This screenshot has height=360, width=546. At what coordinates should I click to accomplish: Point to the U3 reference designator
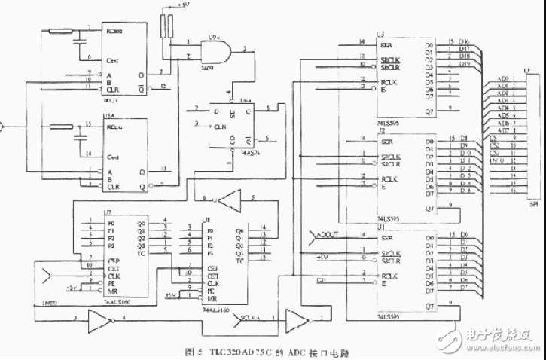[x=381, y=35]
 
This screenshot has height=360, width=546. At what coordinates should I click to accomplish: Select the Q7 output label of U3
[x=429, y=111]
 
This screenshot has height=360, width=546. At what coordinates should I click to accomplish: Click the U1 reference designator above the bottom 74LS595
[x=381, y=227]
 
